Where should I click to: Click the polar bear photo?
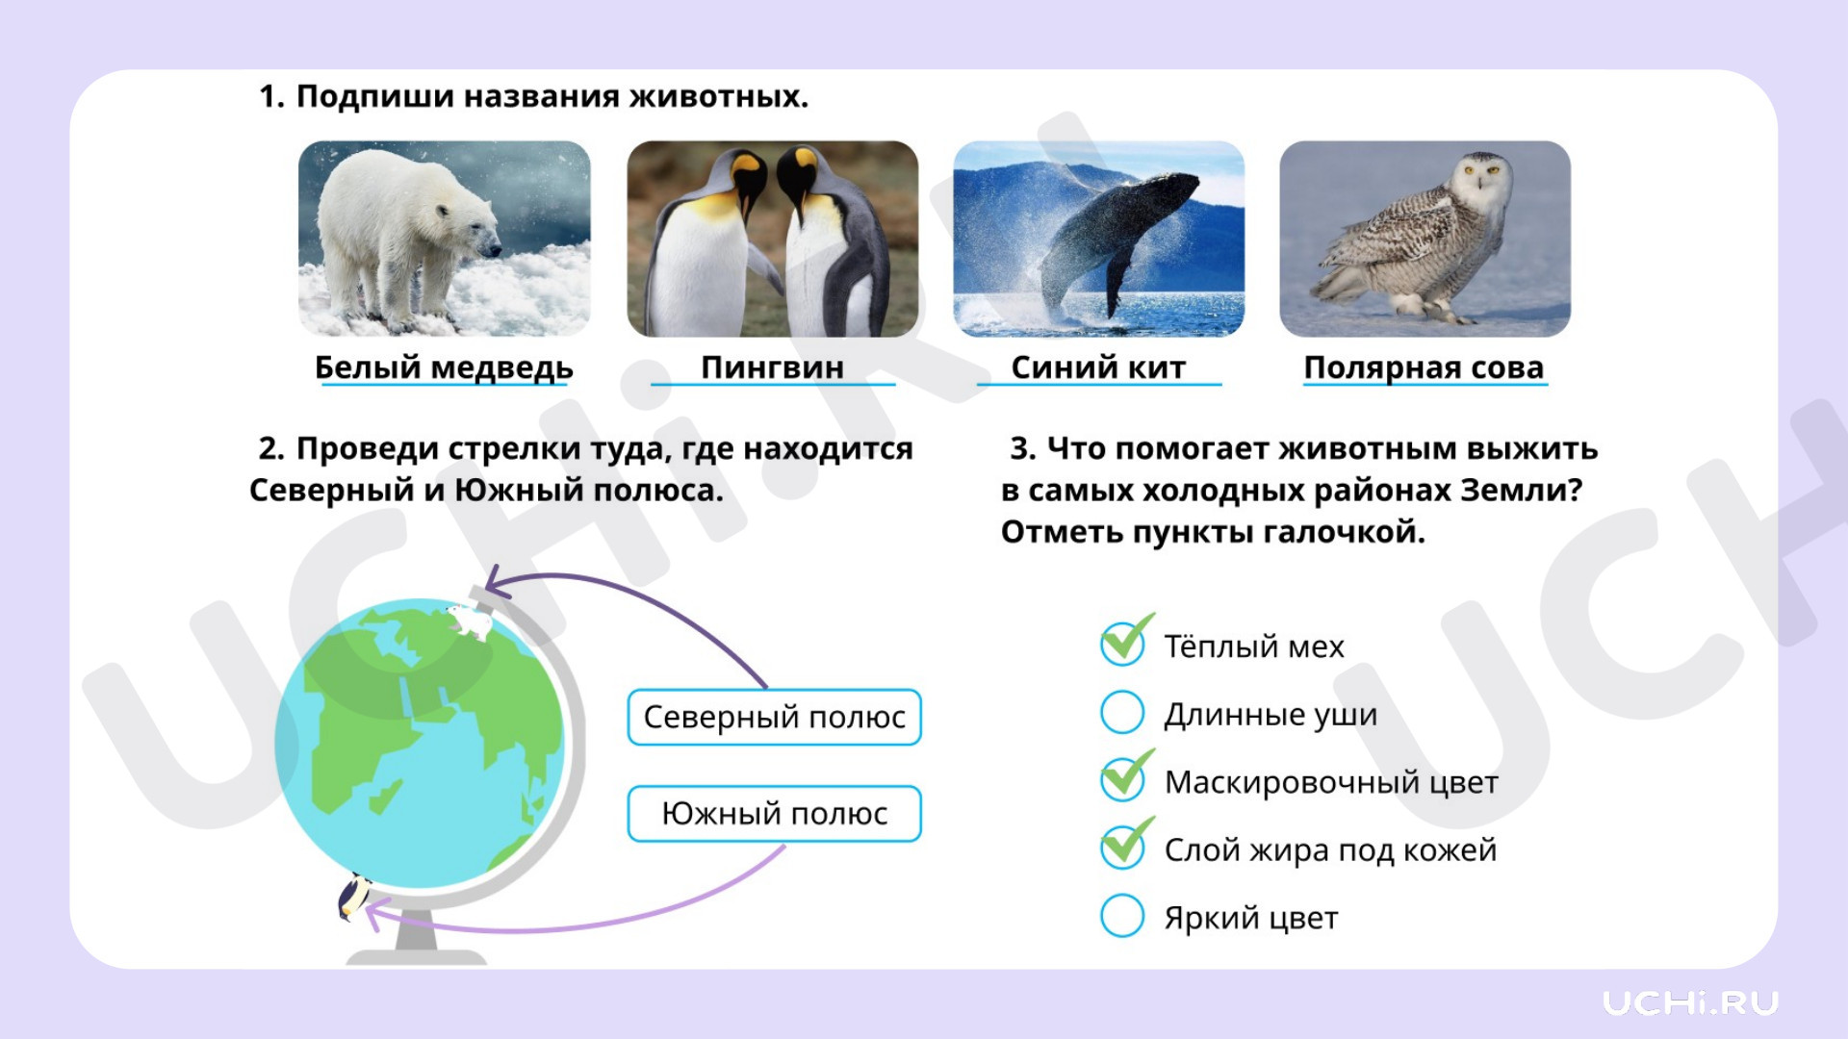[445, 239]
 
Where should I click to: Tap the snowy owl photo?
[1424, 239]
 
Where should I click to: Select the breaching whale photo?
[1098, 239]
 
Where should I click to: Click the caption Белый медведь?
[444, 367]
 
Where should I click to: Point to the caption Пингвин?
[772, 367]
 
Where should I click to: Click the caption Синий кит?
[1098, 367]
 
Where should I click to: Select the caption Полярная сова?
[1424, 367]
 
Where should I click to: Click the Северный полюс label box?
[774, 717]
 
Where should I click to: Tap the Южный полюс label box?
[774, 814]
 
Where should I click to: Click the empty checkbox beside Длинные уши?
[1122, 712]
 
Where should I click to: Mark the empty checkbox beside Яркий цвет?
[1122, 915]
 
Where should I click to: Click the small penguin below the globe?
[354, 897]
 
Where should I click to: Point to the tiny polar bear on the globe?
[471, 621]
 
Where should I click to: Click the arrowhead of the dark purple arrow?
[493, 580]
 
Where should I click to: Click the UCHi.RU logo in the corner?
[1690, 1002]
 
